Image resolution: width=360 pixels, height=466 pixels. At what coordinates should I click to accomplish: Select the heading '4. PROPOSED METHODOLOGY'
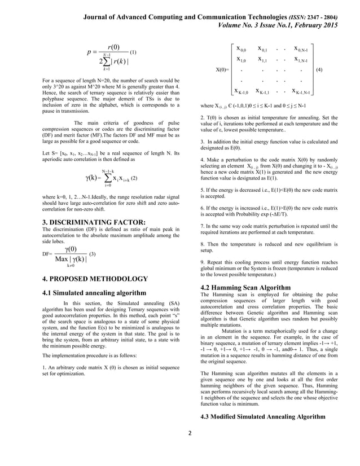click(95, 279)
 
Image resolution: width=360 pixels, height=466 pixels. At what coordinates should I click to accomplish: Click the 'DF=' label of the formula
click(47, 254)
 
